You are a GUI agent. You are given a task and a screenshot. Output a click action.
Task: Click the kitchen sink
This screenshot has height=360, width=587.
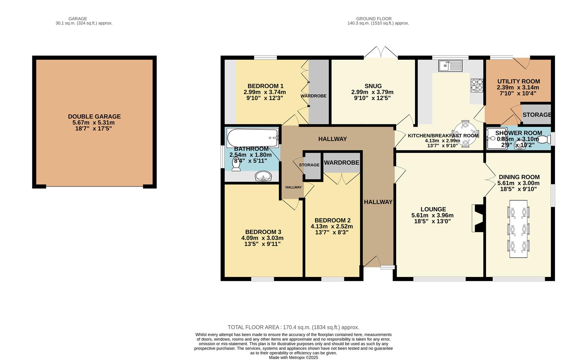(450, 66)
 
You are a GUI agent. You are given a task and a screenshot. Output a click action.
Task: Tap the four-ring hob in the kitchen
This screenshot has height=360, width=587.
(477, 85)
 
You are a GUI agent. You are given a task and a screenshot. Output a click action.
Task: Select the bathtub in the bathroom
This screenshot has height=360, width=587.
(253, 138)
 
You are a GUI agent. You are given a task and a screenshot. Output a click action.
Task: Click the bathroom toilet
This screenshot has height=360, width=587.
(237, 164)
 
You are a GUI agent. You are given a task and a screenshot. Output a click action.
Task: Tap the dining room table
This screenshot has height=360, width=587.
(518, 229)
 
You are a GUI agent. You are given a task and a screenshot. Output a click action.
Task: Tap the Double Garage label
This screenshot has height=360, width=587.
(94, 116)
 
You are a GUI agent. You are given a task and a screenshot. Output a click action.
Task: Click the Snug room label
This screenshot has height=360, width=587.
(373, 86)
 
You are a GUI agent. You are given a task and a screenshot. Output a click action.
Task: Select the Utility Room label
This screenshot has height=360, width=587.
(518, 81)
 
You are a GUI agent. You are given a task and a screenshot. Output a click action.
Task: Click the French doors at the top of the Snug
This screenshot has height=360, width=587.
(381, 53)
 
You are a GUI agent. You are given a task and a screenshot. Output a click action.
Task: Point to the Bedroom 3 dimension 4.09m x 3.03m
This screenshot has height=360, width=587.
(262, 238)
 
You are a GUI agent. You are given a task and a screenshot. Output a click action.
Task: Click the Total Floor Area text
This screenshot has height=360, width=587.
(293, 327)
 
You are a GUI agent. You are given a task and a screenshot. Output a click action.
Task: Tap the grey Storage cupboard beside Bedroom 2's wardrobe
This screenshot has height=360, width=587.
(312, 166)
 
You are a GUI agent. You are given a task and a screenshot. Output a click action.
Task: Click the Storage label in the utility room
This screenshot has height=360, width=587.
(536, 115)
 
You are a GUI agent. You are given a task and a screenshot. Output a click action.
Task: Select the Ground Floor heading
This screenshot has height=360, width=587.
(373, 19)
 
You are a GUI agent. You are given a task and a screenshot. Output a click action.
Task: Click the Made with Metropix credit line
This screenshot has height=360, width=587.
(293, 357)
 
